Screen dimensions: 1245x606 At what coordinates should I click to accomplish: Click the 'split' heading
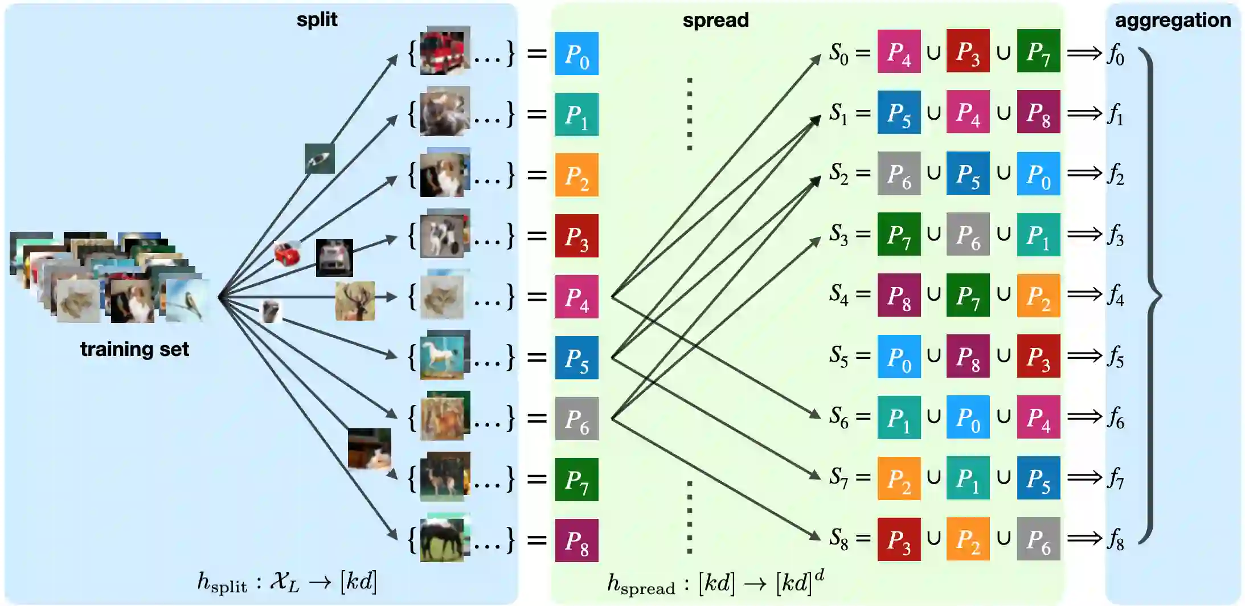click(317, 20)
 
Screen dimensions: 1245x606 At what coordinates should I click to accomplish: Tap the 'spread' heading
click(715, 21)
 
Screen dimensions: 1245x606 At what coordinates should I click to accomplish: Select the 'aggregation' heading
click(1172, 21)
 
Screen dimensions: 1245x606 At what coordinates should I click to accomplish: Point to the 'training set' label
click(134, 349)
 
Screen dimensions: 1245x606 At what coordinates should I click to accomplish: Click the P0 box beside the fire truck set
click(576, 54)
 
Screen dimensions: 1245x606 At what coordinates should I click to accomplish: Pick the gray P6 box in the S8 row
click(1038, 539)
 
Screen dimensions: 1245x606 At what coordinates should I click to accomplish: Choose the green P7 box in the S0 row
click(1038, 51)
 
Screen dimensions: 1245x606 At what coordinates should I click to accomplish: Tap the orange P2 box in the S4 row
click(1038, 296)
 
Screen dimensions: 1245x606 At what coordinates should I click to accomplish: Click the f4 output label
click(1116, 296)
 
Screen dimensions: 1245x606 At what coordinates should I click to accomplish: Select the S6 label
click(838, 417)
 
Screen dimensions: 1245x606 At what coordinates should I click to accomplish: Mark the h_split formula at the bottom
click(286, 582)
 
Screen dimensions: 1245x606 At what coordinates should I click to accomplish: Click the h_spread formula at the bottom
click(715, 583)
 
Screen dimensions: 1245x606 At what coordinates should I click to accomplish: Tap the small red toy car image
click(287, 253)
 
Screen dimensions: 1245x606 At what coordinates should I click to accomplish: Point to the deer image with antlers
click(355, 301)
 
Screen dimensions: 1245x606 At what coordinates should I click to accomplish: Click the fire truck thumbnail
click(445, 52)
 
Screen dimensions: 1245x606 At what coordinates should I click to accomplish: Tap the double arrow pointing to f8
click(1084, 538)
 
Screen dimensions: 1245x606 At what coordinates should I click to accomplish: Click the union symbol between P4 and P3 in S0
click(933, 52)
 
